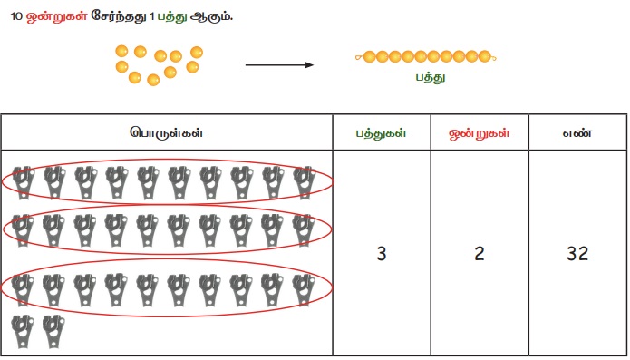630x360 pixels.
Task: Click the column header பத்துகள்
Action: coord(382,133)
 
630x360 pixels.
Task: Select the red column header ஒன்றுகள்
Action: coord(480,133)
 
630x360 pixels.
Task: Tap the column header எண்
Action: coord(577,132)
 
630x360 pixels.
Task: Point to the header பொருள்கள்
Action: coord(167,132)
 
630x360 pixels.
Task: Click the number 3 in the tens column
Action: coord(382,254)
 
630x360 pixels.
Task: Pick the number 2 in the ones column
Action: coord(480,254)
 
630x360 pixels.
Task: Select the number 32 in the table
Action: coord(577,254)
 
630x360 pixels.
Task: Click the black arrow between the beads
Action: coord(279,65)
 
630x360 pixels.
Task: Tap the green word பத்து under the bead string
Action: coord(431,77)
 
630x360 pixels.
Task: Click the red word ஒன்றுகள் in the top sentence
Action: coord(56,17)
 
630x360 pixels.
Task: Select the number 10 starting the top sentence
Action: coord(16,16)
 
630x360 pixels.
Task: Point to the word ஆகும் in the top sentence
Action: coord(211,17)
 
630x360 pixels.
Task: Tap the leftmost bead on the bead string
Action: coord(369,56)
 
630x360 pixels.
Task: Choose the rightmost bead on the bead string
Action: coord(485,56)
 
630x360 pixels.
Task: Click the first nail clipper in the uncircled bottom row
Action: coord(23,331)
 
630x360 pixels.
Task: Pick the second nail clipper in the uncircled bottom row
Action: coord(53,331)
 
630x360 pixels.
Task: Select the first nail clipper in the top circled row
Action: coord(23,182)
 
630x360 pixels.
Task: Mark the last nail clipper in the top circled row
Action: coord(305,182)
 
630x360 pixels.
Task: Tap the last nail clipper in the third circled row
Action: coord(304,290)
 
